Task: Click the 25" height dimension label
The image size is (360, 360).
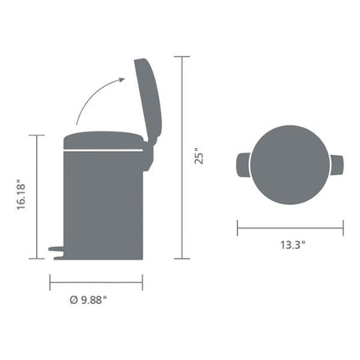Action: (199, 157)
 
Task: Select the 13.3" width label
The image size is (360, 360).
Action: (291, 244)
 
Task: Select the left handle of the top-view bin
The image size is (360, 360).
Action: (244, 166)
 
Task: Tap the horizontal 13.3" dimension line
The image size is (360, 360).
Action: (291, 224)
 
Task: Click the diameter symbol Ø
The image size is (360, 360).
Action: (74, 299)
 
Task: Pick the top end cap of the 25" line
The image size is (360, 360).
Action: (183, 56)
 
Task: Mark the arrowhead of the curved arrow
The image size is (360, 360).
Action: (123, 80)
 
